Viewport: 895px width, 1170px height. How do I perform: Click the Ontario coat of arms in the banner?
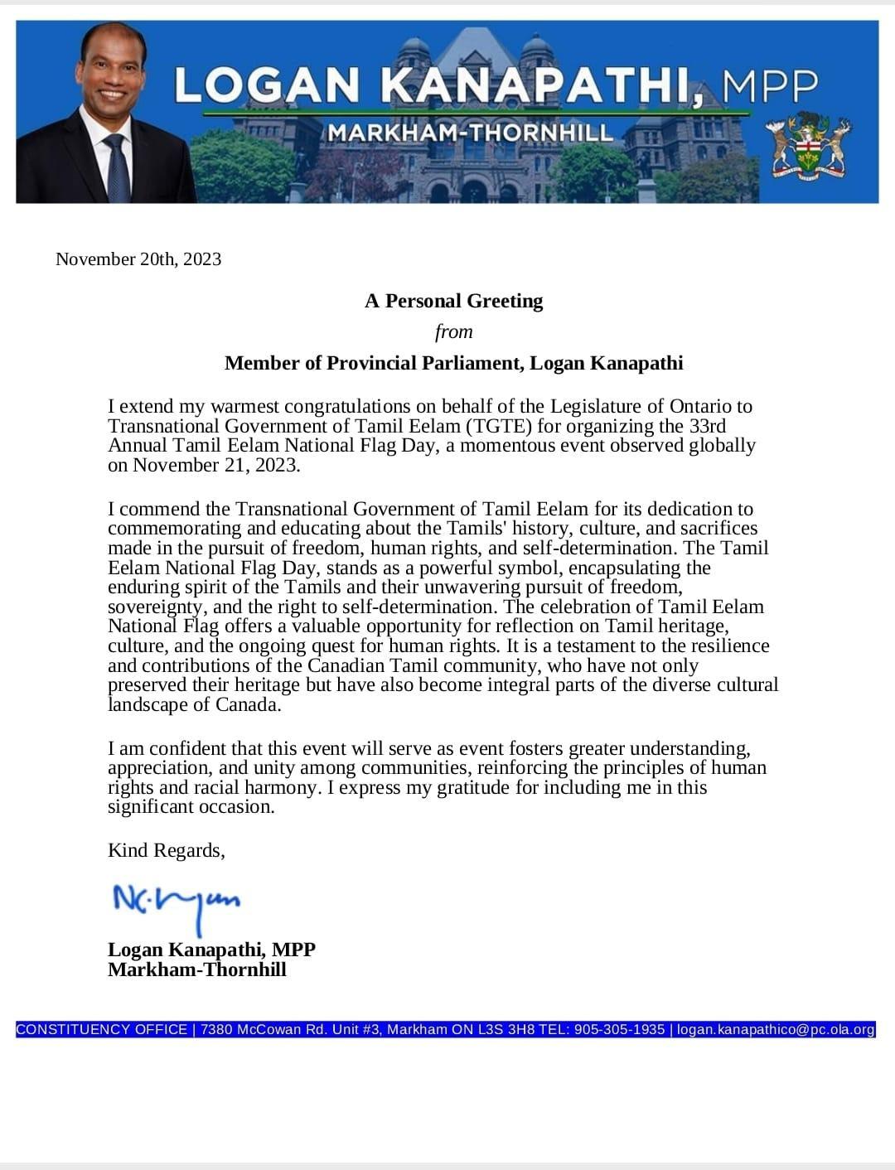point(808,147)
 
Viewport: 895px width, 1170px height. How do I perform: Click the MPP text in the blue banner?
point(770,85)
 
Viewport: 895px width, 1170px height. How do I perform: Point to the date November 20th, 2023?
point(138,259)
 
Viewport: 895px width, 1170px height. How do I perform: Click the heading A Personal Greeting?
point(453,301)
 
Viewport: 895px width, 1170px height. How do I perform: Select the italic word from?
point(453,331)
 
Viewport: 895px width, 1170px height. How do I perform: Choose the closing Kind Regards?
point(166,850)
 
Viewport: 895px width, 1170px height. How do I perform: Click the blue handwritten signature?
point(176,902)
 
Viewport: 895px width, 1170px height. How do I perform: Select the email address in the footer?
point(776,1029)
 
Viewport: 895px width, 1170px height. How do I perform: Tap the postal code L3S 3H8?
point(506,1029)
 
